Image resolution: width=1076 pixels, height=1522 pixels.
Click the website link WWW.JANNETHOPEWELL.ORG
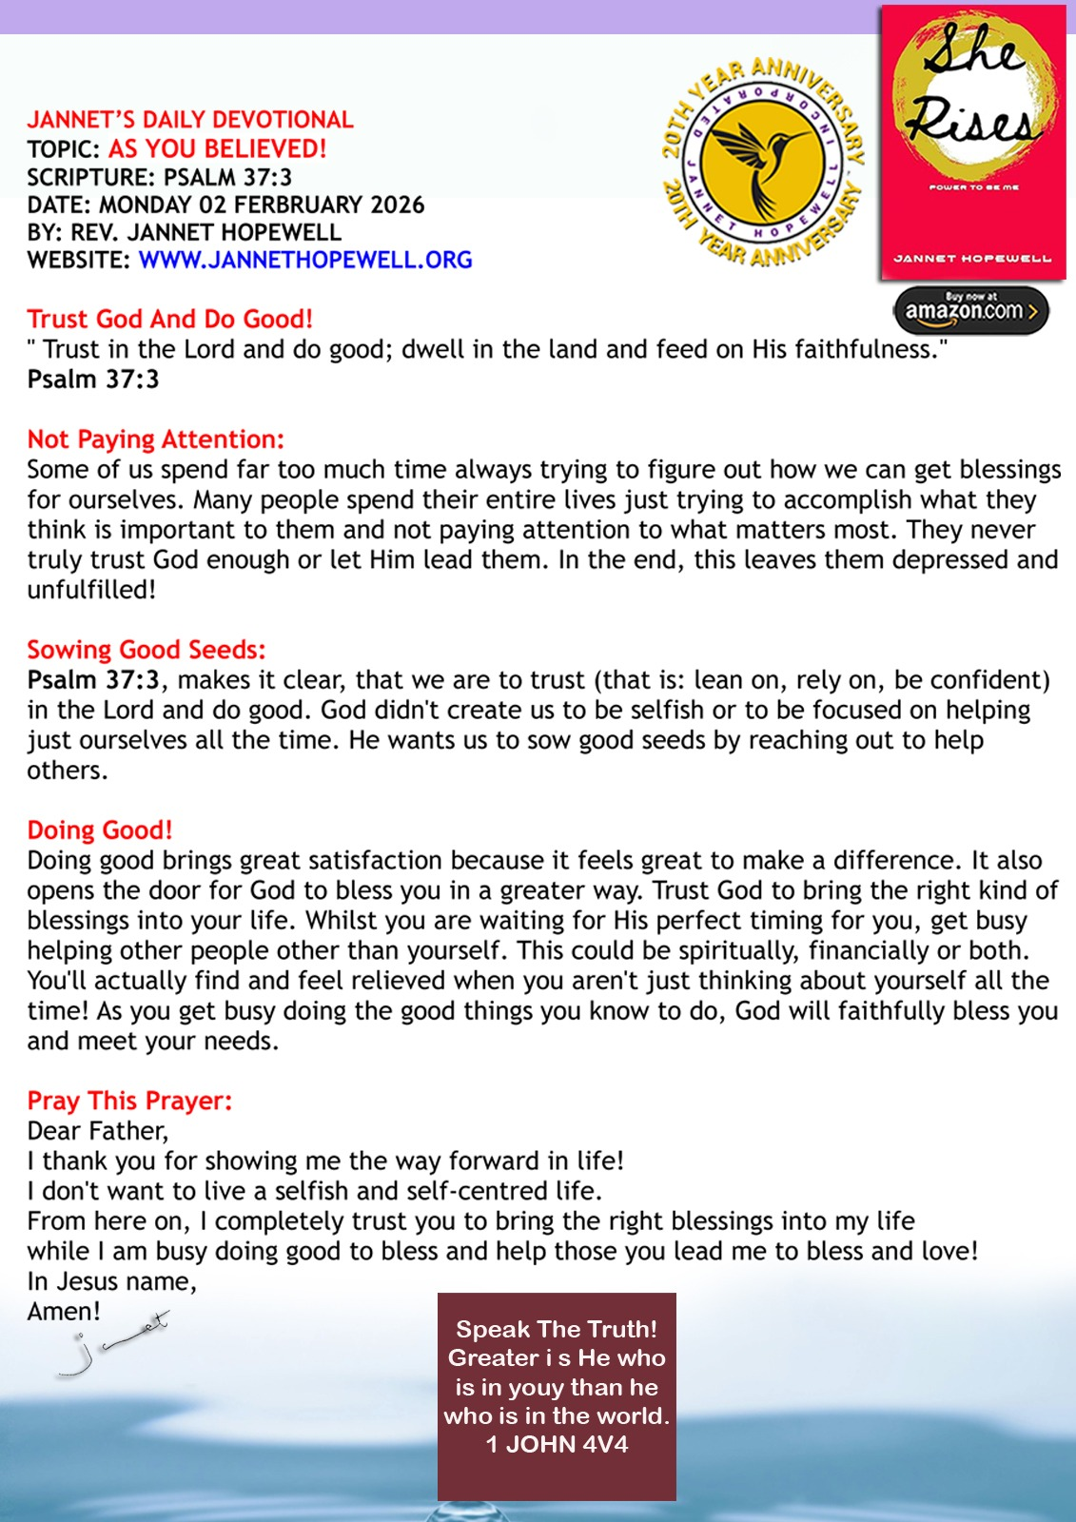(x=304, y=260)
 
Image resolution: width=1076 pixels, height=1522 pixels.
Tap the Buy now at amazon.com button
(x=970, y=310)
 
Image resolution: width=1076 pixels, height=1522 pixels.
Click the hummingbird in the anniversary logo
(x=760, y=161)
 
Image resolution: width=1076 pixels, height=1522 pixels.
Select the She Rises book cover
(x=973, y=143)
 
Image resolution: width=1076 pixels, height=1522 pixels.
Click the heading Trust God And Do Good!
(x=169, y=319)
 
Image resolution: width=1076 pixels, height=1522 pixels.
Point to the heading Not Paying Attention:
(x=155, y=439)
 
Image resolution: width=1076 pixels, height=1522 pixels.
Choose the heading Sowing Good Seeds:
(x=147, y=650)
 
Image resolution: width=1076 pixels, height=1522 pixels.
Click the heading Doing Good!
(x=100, y=830)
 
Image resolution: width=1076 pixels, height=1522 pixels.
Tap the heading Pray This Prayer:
(x=129, y=1101)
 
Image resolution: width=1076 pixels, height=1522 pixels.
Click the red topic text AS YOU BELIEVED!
(x=217, y=148)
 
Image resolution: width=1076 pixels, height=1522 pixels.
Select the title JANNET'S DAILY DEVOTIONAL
(x=190, y=120)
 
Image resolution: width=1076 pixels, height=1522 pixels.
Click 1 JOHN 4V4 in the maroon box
(x=557, y=1444)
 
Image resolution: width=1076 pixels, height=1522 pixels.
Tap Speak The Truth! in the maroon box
(x=557, y=1329)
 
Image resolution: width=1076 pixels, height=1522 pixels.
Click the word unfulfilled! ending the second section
(x=91, y=590)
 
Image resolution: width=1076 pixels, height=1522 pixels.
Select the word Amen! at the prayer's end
(x=64, y=1311)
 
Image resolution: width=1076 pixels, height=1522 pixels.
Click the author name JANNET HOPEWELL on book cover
(x=972, y=258)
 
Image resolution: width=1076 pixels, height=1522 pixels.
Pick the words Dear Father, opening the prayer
(x=97, y=1131)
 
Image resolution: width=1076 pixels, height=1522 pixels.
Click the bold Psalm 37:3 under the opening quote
(x=93, y=380)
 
